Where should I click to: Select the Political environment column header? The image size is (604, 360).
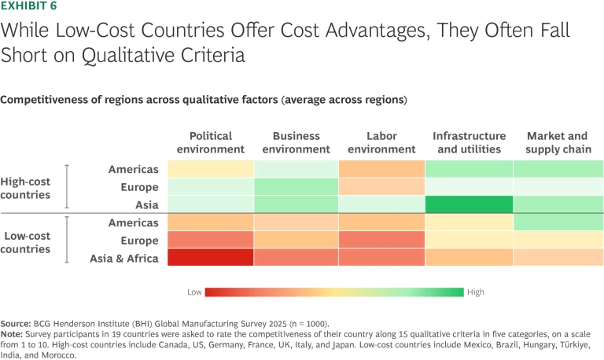(x=210, y=142)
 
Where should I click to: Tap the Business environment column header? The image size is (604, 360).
(x=296, y=142)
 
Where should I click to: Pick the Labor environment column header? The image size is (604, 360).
(x=381, y=142)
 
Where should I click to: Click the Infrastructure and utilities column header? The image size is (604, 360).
(x=469, y=142)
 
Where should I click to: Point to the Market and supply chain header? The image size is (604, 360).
(x=557, y=142)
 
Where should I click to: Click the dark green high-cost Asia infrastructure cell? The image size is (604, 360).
(x=469, y=204)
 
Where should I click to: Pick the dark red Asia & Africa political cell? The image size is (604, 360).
(x=210, y=258)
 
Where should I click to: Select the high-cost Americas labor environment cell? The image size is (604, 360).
(x=381, y=169)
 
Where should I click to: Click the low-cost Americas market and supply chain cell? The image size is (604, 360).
(x=558, y=222)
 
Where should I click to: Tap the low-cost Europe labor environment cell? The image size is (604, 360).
(x=381, y=240)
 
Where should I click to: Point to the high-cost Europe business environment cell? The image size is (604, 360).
(x=296, y=186)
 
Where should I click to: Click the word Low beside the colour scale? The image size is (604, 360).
(x=194, y=292)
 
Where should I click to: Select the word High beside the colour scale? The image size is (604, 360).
(x=477, y=292)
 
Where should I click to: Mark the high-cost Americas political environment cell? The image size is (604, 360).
(x=210, y=169)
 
